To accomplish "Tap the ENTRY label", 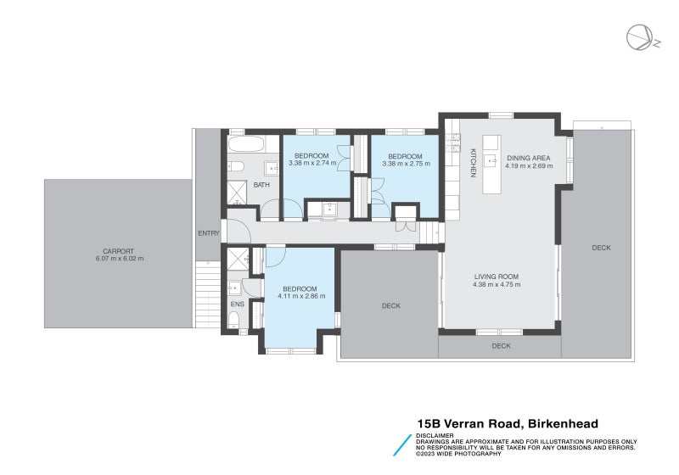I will tap(208, 233).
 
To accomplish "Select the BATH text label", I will tap(261, 185).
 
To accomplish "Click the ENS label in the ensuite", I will tap(236, 304).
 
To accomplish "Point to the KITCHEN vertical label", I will tap(474, 163).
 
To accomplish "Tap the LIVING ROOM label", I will tap(495, 277).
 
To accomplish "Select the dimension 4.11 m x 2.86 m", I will tap(300, 296).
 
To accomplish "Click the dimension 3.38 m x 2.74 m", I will tap(311, 163).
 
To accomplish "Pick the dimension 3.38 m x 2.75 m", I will tap(405, 163).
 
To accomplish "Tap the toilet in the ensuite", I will tap(234, 320).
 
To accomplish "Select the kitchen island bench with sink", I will tap(491, 164).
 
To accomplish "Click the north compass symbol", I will tap(639, 38).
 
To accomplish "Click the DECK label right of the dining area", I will tap(601, 248).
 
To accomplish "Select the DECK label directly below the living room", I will tap(501, 346).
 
